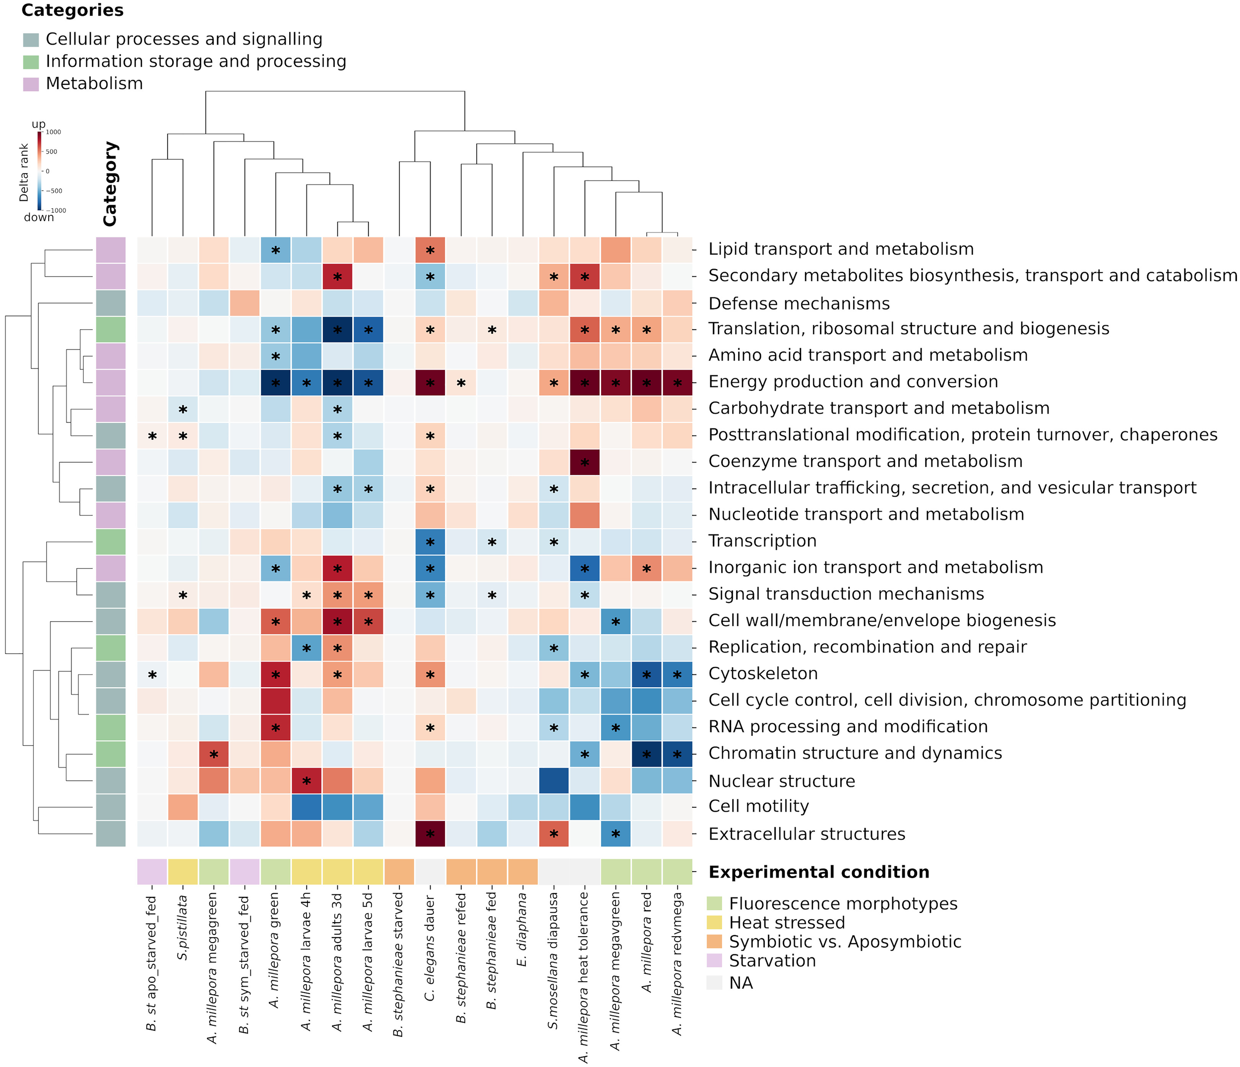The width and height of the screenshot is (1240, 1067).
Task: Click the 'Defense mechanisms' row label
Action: click(x=799, y=303)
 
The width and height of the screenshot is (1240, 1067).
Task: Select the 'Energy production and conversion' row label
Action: click(x=853, y=382)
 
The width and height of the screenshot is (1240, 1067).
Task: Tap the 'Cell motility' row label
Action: click(x=758, y=806)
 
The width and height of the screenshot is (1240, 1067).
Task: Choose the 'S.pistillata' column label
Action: click(x=183, y=928)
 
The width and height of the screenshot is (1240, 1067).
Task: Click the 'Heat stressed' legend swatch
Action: click(x=714, y=922)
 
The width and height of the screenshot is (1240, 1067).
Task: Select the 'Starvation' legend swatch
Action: click(x=714, y=960)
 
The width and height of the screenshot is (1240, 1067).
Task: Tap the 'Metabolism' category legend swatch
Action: click(x=31, y=84)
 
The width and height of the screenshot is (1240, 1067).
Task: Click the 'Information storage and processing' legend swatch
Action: click(x=31, y=61)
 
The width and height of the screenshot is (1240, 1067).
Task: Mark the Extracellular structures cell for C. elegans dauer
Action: click(x=430, y=834)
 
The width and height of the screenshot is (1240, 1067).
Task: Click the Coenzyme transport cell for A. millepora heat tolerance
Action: click(x=585, y=462)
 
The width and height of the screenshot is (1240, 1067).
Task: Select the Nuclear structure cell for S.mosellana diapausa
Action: click(x=554, y=780)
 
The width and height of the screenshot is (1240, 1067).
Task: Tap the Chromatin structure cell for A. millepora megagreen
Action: click(x=214, y=754)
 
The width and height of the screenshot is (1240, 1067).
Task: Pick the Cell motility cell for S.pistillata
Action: click(x=183, y=807)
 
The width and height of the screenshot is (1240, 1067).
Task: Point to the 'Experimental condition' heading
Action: click(x=819, y=872)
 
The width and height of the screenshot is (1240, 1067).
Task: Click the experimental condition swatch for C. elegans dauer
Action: click(x=430, y=872)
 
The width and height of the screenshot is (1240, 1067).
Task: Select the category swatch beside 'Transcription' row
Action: click(x=111, y=541)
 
